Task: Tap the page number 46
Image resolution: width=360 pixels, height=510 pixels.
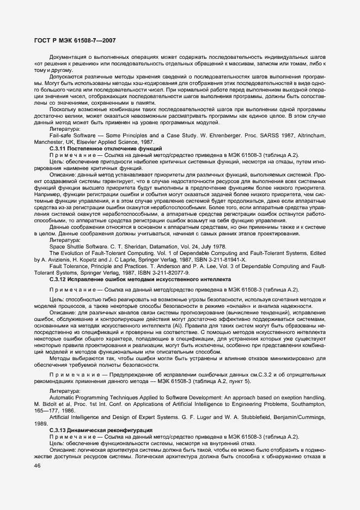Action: point(38,465)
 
